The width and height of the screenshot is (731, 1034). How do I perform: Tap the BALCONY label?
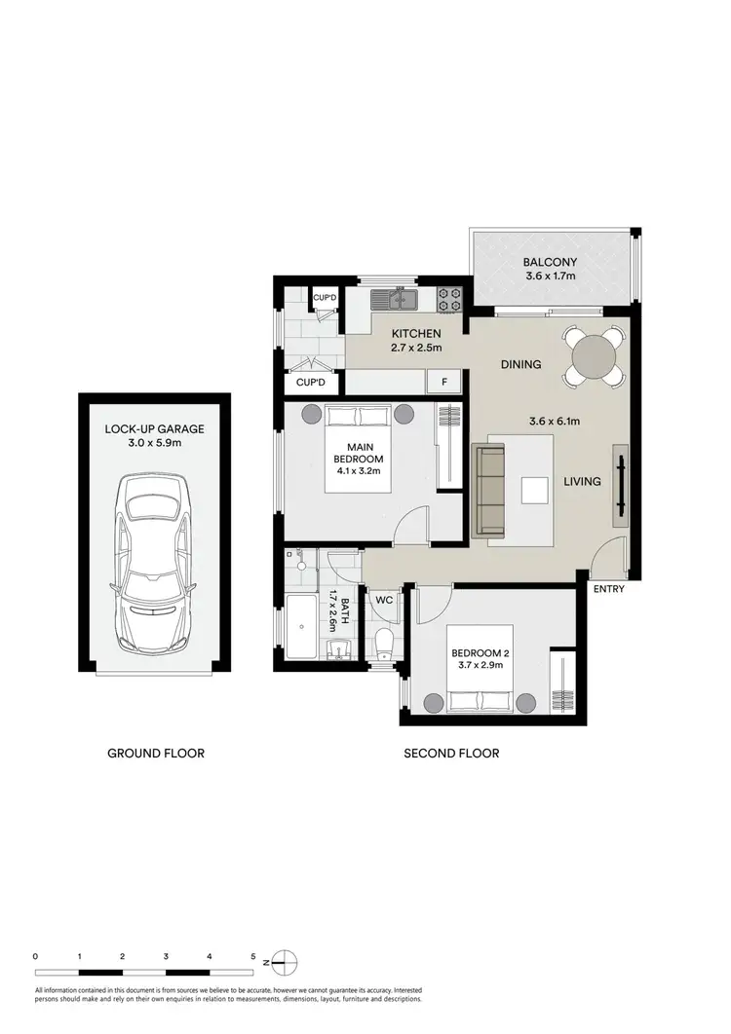tap(550, 262)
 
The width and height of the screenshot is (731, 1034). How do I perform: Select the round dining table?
tap(594, 359)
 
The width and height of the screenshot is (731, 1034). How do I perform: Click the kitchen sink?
tap(398, 299)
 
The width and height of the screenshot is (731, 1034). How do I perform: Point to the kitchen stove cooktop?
tap(449, 299)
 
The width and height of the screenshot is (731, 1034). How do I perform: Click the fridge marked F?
tap(444, 382)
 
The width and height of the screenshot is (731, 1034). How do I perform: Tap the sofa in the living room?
tap(489, 490)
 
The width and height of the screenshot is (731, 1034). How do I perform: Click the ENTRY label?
tap(607, 589)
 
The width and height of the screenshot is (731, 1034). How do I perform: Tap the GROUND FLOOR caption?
tap(156, 753)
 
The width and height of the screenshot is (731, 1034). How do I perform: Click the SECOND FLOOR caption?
tap(451, 753)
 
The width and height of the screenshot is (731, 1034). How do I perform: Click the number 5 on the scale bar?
tap(253, 956)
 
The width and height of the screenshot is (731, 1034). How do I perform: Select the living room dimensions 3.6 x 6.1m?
tap(555, 422)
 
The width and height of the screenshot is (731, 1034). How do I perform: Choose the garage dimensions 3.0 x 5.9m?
tap(155, 443)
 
